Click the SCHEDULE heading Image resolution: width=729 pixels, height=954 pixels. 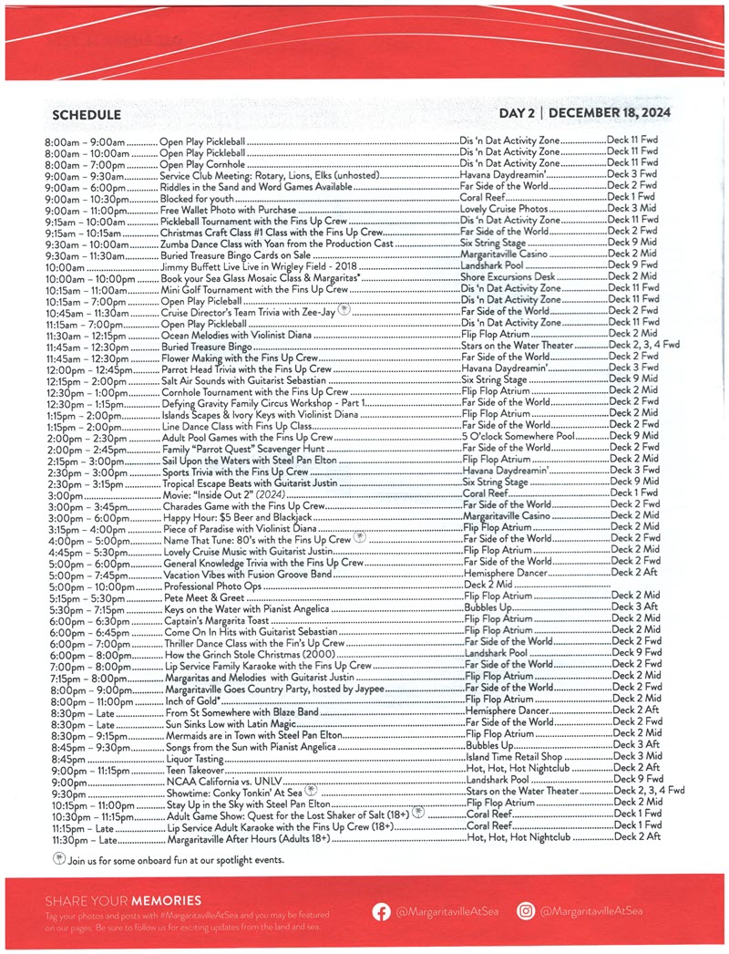point(87,114)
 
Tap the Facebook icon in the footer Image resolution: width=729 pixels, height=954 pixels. point(381,910)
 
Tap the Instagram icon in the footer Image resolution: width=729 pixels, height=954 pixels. point(526,910)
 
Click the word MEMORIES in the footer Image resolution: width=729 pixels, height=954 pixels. point(165,900)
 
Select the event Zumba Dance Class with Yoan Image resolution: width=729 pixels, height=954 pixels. point(277,244)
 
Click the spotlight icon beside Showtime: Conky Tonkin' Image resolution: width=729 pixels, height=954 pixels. point(311,791)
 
